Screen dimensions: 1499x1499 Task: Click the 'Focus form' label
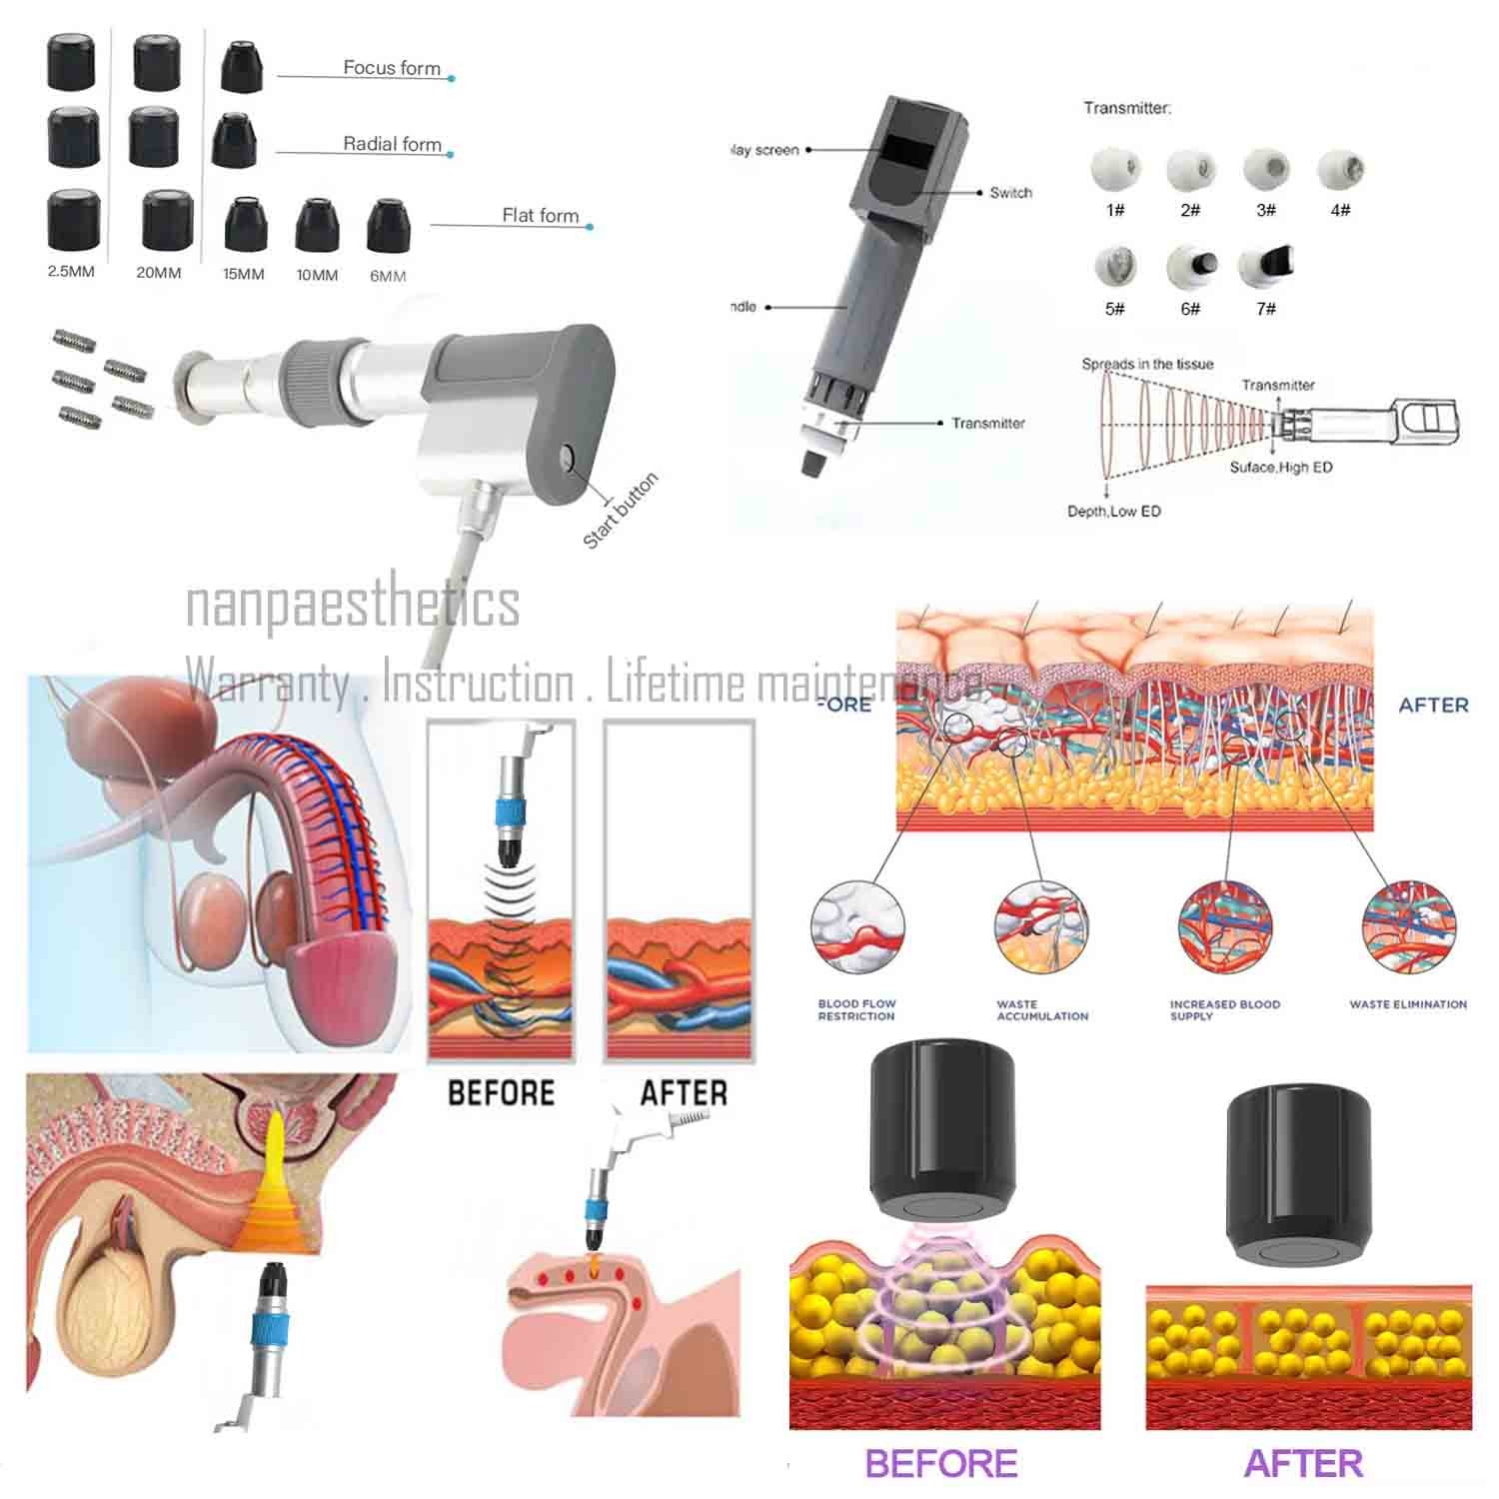(392, 68)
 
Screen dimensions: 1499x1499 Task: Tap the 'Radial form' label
(392, 144)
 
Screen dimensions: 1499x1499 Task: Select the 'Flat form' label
(540, 215)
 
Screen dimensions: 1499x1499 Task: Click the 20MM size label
(159, 272)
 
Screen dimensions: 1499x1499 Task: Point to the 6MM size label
(388, 276)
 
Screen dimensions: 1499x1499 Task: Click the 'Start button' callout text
(621, 510)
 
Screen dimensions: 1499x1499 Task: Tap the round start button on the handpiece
(567, 459)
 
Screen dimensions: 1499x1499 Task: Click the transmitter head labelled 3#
(1266, 169)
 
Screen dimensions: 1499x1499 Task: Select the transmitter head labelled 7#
(1264, 268)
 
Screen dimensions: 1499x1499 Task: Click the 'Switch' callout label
(1010, 192)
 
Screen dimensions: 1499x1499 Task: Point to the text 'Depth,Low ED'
(1113, 512)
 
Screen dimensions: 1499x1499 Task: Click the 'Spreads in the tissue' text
(1147, 364)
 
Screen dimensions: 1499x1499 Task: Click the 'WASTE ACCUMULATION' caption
(1042, 1010)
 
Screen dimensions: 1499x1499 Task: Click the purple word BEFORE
(940, 1463)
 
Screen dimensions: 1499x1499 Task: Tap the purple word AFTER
(1303, 1463)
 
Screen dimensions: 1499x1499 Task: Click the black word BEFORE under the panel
(501, 1092)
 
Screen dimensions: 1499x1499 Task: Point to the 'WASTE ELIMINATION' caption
(1408, 1004)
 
